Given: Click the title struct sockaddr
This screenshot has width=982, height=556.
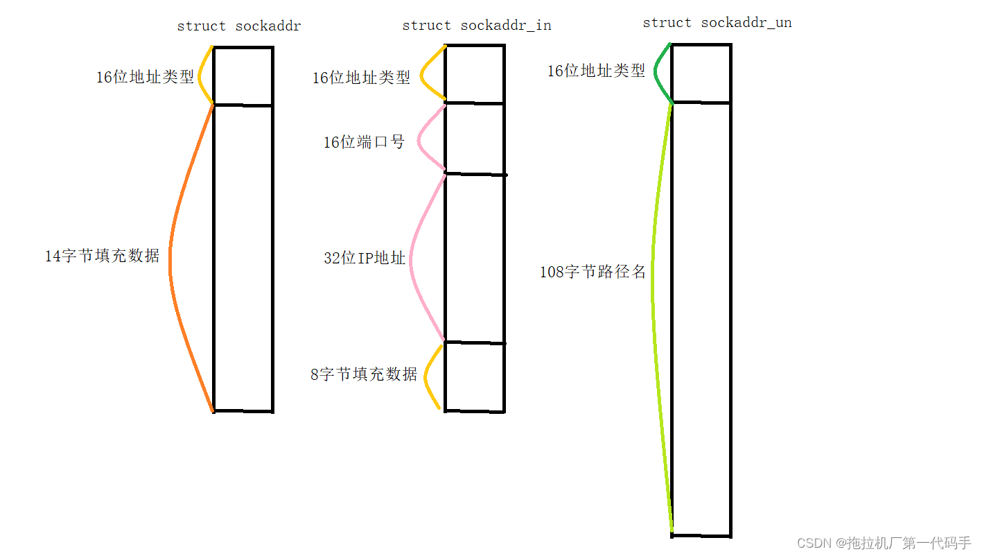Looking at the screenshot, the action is pos(238,26).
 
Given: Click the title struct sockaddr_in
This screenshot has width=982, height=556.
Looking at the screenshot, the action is pos(476,26).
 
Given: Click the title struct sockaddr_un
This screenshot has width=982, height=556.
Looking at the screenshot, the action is pos(717,23).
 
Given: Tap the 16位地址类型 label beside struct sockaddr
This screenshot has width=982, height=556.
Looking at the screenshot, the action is pos(145,77).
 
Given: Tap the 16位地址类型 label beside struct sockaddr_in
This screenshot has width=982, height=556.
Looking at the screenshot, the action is pos(361,78).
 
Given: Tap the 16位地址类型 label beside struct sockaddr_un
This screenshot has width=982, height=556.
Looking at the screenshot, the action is pos(596,71).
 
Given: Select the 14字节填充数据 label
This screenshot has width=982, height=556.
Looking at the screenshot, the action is pos(102,256).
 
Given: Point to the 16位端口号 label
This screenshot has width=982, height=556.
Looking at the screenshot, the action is pos(364,142).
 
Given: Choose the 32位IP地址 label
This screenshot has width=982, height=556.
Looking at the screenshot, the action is pos(365,259).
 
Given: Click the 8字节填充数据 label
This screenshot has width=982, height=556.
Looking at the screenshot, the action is pos(364,374).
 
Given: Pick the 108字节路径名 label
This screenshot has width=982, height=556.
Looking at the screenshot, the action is pos(593,272).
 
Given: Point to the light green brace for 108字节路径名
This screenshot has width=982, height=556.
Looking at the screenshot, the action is pos(654,298).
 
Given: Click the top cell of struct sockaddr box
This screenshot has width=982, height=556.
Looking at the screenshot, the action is pos(243,76).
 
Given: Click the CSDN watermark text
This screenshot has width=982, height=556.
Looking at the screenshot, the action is pos(884,543).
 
